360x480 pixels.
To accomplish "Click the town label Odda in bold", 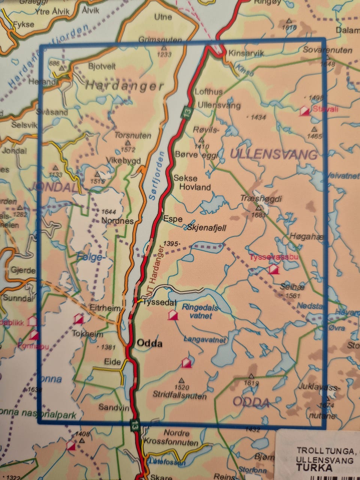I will (x=150, y=343).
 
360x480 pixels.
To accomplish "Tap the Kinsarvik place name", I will (x=246, y=54).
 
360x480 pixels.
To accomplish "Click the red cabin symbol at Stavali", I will (x=304, y=111).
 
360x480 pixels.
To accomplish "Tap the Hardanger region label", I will (x=124, y=86).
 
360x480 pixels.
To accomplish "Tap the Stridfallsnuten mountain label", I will (x=180, y=396).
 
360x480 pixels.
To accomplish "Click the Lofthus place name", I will (x=209, y=92).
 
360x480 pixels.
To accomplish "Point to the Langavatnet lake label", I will (x=204, y=340).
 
